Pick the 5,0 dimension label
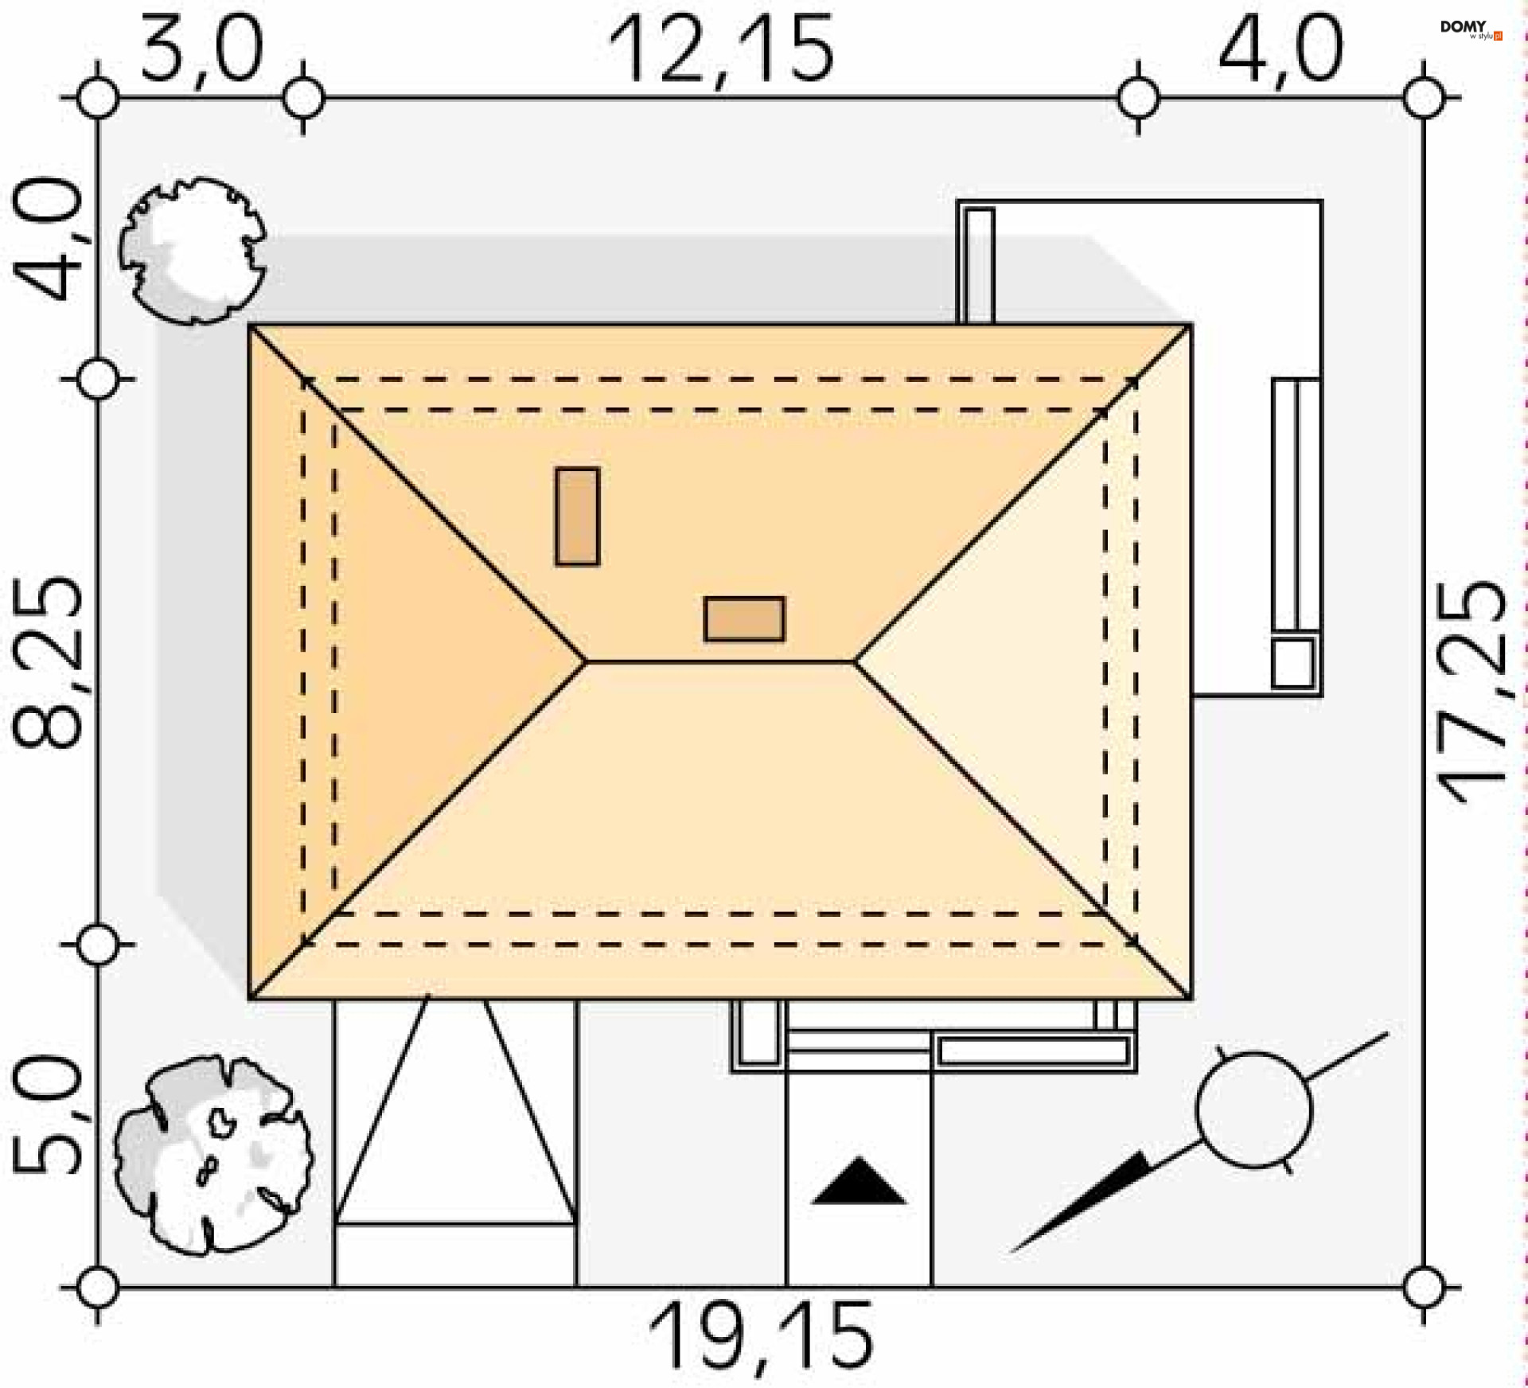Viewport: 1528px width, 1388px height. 47,1114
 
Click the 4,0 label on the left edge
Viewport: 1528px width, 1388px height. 47,239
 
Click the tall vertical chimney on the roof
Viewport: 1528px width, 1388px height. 577,517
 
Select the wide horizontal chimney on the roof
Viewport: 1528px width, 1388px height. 744,618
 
